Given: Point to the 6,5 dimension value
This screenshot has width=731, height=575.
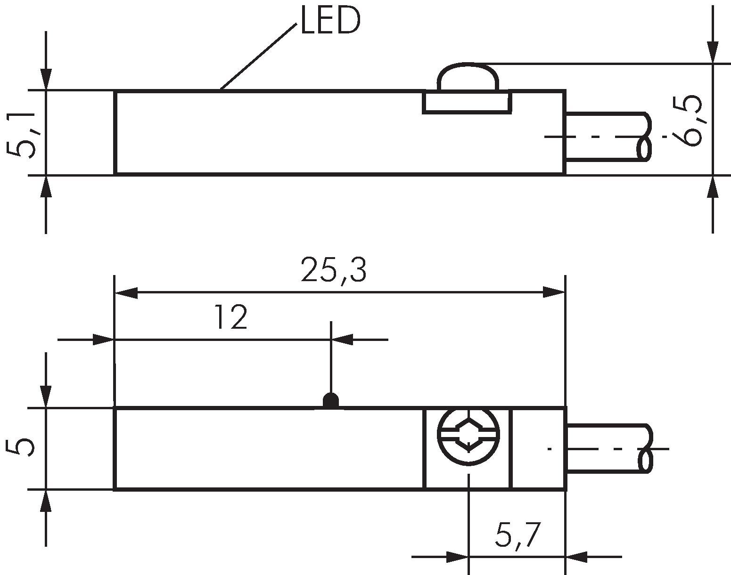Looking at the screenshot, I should coord(688,121).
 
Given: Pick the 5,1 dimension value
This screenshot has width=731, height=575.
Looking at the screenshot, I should coord(22,135).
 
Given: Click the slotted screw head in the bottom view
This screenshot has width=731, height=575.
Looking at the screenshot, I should coord(468,435).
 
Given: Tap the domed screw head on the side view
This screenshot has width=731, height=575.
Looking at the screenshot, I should coord(468,76).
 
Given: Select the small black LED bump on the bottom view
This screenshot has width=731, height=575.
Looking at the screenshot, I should coord(331,401).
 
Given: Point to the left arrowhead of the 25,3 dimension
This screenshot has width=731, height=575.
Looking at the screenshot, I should coord(126,292).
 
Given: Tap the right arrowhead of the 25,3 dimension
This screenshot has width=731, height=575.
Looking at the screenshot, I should coord(554,292).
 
